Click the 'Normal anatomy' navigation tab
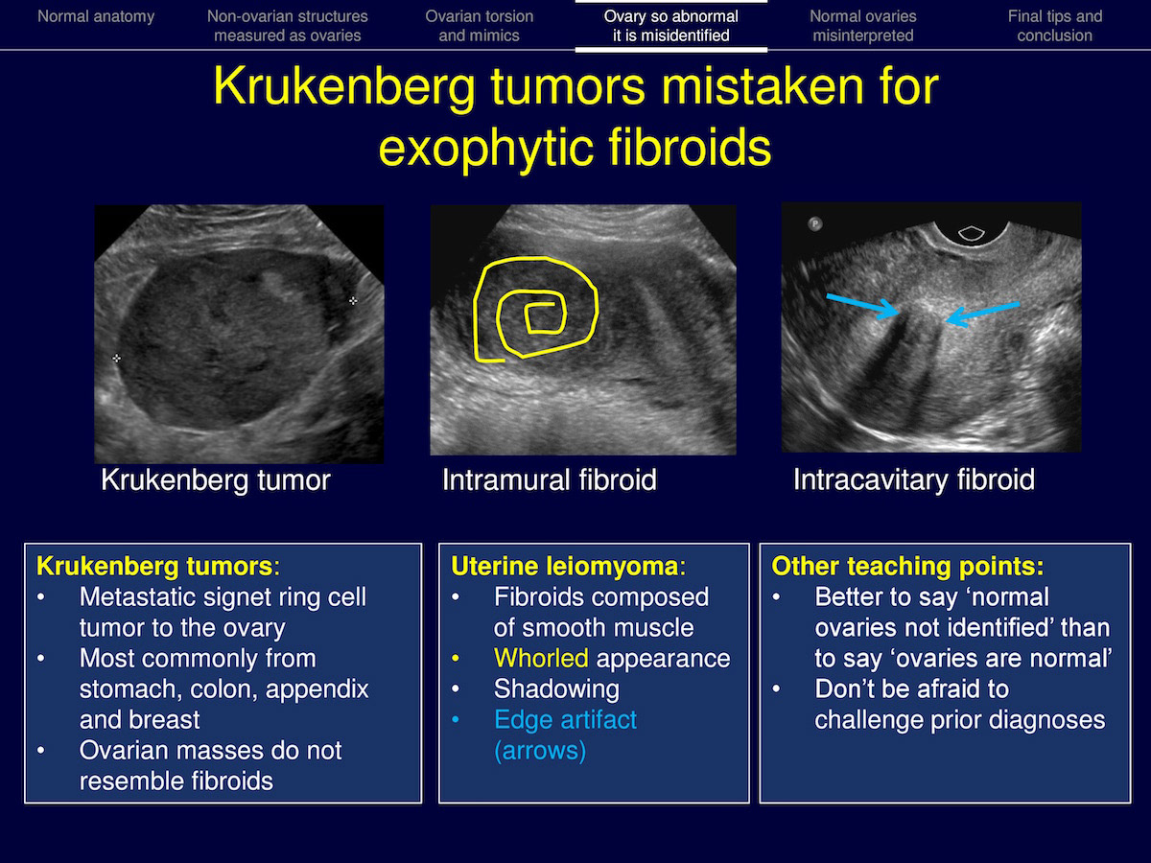[96, 16]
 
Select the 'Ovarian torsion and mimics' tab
[480, 26]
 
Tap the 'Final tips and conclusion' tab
[1054, 26]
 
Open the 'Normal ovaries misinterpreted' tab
[862, 26]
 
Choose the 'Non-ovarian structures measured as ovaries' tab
[288, 26]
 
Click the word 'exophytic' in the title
[486, 150]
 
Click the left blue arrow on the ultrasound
[863, 307]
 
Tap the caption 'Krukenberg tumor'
[216, 479]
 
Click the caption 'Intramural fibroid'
[549, 479]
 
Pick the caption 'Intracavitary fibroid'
[914, 479]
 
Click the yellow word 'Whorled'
[541, 658]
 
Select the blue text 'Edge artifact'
[565, 720]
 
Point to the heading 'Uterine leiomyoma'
[565, 567]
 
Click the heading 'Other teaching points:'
[907, 567]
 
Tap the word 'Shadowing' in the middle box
[556, 689]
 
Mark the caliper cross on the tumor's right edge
[353, 300]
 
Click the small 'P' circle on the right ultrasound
[815, 224]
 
